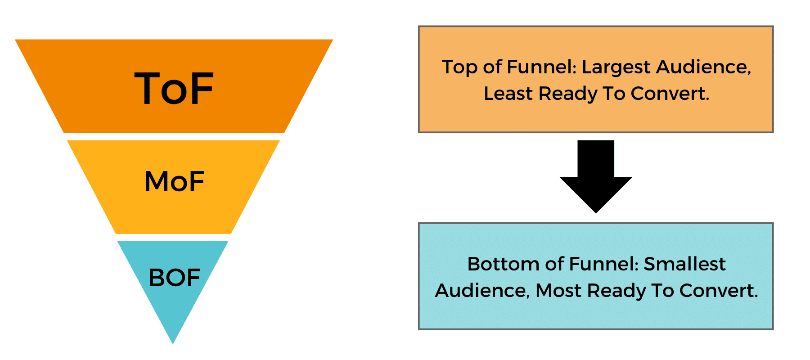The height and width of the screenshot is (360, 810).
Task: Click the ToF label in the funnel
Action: tap(174, 89)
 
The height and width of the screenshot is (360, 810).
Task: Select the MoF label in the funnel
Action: tap(175, 182)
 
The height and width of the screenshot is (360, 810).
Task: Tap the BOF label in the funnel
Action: tap(174, 278)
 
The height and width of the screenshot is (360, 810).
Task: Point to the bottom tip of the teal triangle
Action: tap(173, 343)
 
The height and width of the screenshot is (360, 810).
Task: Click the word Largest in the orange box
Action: tap(616, 67)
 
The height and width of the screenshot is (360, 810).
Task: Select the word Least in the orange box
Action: tap(508, 94)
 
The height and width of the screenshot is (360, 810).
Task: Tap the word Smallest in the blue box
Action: tap(684, 264)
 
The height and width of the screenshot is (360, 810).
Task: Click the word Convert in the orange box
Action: tap(670, 94)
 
